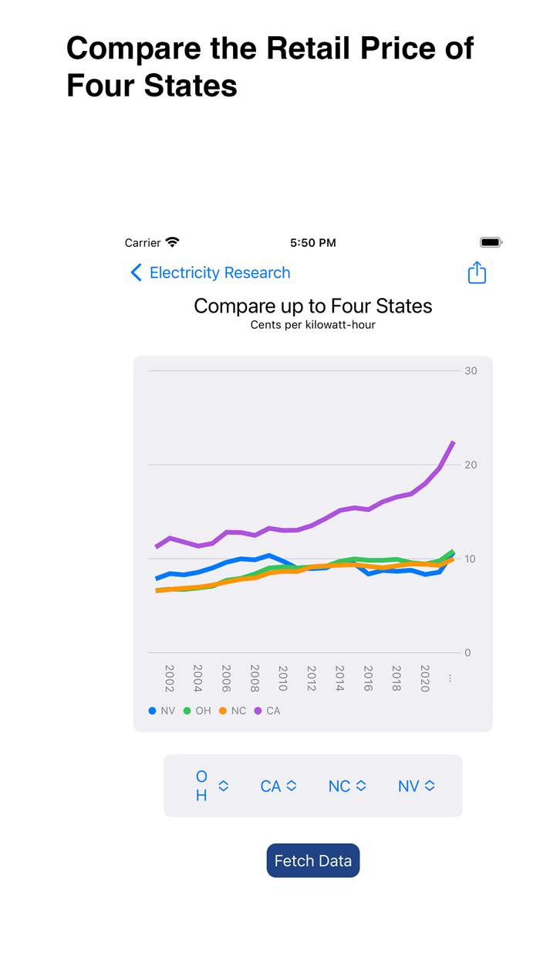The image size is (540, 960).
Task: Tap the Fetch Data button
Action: pos(312,860)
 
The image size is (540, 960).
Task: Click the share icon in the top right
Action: pos(477,272)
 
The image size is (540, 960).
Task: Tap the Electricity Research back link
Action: pos(211,272)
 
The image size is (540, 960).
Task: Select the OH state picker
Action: pos(211,786)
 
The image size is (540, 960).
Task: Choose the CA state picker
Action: pos(278,786)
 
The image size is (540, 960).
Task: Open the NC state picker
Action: pos(346,786)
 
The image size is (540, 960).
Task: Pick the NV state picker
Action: pos(416,786)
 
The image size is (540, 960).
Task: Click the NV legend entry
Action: pos(162,711)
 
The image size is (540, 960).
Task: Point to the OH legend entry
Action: pos(197,711)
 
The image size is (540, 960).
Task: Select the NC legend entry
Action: pos(233,711)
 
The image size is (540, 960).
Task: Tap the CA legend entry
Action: pos(268,711)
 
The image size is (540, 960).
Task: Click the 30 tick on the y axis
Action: pos(471,370)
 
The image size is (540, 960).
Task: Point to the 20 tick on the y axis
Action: pos(471,465)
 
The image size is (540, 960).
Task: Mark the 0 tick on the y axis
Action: pos(467,653)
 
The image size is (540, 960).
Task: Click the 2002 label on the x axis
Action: pos(170,678)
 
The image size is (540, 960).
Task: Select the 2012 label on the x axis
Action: pos(312,678)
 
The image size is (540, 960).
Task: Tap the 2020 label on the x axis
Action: pos(425,678)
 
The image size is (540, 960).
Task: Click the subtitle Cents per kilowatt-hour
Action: pos(312,325)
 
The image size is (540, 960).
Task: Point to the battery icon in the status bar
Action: pos(491,242)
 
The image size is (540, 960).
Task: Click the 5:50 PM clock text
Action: pos(312,242)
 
